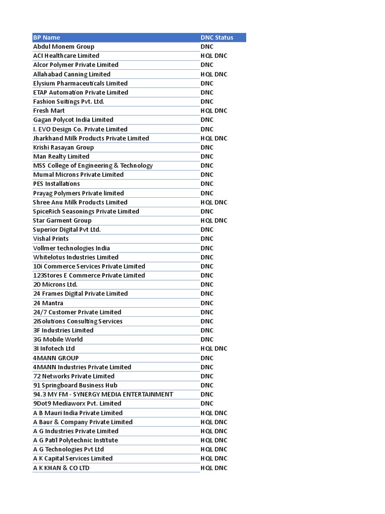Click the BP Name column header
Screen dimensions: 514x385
pos(47,38)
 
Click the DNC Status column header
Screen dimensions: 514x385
pos(217,38)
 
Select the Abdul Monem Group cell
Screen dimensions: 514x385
pos(64,47)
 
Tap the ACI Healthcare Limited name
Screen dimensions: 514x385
pos(66,56)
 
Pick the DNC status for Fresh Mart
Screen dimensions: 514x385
pos(214,110)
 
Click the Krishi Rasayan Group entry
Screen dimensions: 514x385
pos(64,147)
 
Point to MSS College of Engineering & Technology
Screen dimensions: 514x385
pos(93,166)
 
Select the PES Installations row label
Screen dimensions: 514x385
pos(57,184)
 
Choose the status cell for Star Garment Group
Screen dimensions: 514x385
pos(214,220)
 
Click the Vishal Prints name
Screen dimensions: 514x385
pos(51,238)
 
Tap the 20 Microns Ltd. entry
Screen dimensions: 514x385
pos(55,285)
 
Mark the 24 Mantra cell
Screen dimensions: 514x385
pos(48,303)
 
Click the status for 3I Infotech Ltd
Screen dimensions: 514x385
pos(214,348)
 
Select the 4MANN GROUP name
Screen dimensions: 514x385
pos(56,358)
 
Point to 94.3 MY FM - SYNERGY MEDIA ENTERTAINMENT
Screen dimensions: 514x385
pos(103,394)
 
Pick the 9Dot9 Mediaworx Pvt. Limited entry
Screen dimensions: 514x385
pos(77,403)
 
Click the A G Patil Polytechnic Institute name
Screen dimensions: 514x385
pos(76,440)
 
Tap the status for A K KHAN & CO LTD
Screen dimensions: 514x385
pos(214,468)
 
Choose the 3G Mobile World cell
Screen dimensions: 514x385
pos(58,339)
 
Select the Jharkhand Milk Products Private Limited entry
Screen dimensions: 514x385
pos(91,138)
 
